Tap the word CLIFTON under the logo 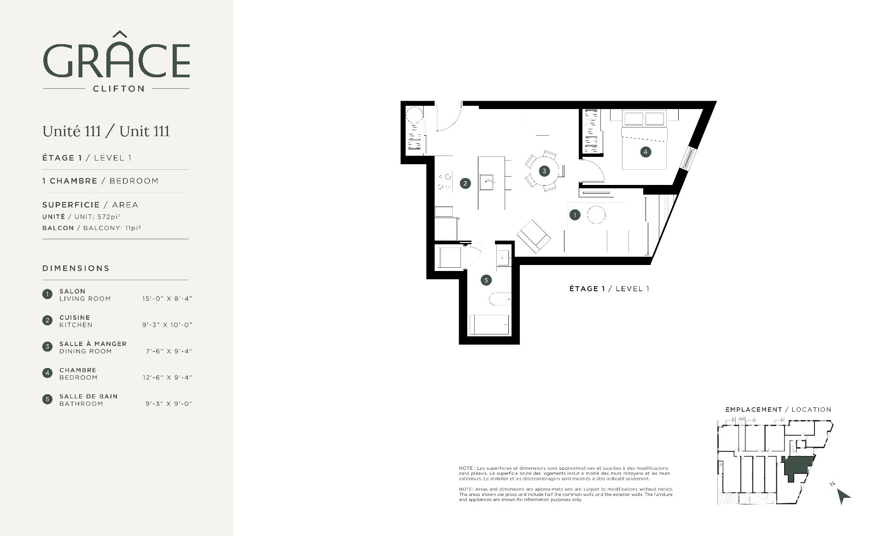tap(119, 88)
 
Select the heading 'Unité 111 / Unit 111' tap(106, 131)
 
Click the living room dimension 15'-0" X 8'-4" tap(167, 299)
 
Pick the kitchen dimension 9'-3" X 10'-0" tap(167, 325)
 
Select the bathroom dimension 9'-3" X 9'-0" tap(169, 404)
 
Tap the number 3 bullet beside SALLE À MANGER tap(47, 346)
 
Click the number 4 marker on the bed tap(646, 152)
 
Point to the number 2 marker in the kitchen tap(465, 183)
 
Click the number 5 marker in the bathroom tap(486, 280)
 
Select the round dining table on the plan tap(544, 171)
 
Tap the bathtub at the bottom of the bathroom tap(489, 325)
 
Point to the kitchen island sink tap(488, 182)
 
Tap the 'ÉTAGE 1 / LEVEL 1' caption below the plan tap(609, 289)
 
